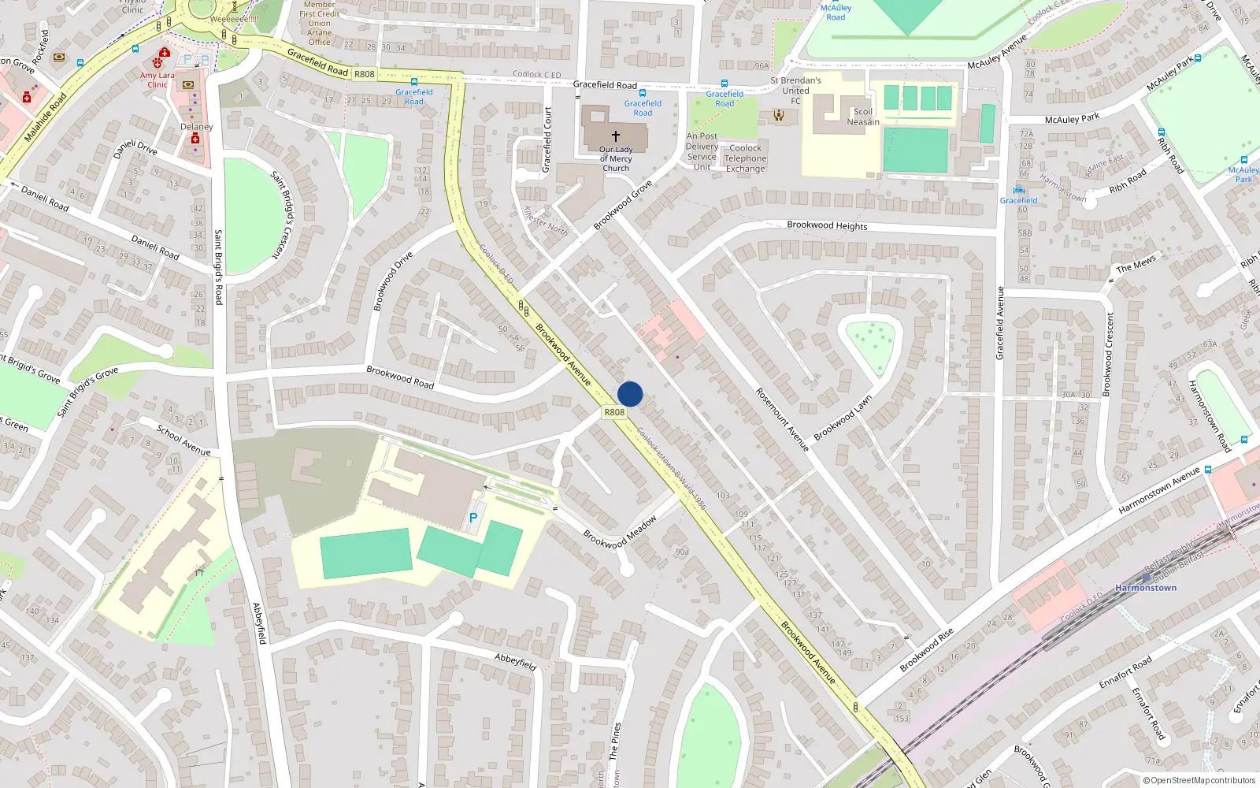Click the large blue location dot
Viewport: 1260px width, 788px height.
pyautogui.click(x=630, y=394)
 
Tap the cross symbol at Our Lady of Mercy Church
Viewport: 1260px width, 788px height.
pyautogui.click(x=616, y=136)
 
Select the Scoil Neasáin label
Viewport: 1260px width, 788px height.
pyautogui.click(x=863, y=117)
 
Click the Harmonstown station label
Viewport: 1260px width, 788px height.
pyautogui.click(x=1146, y=588)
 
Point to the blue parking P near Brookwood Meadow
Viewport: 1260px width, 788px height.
pyautogui.click(x=473, y=518)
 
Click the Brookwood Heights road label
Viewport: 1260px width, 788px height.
pyautogui.click(x=827, y=225)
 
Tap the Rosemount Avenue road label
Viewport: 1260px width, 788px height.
pyautogui.click(x=782, y=419)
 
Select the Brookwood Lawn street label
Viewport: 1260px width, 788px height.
pyautogui.click(x=843, y=418)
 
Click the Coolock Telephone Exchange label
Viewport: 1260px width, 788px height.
pyautogui.click(x=745, y=158)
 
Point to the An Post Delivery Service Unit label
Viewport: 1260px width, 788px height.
pyautogui.click(x=702, y=151)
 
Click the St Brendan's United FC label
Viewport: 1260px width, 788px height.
pyautogui.click(x=795, y=91)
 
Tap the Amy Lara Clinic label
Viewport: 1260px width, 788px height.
pyautogui.click(x=157, y=80)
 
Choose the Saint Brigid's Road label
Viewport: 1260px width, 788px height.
pyautogui.click(x=218, y=267)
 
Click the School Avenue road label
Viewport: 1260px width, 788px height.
pyautogui.click(x=183, y=440)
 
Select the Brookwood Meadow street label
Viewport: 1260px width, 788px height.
pyautogui.click(x=620, y=533)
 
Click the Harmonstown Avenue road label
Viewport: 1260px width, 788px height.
pyautogui.click(x=1158, y=490)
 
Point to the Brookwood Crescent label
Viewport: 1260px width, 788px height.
pyautogui.click(x=1110, y=354)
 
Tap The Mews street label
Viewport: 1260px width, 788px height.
pyautogui.click(x=1136, y=263)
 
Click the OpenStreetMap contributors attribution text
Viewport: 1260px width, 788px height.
pyautogui.click(x=1203, y=780)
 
